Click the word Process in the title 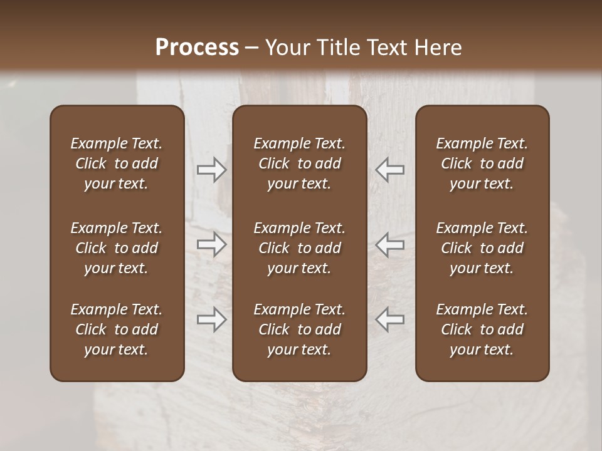197,47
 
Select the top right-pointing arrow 212,170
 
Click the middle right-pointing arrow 212,244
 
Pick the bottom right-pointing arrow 212,319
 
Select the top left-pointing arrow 389,170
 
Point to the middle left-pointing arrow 389,244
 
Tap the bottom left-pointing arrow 389,319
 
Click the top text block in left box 117,163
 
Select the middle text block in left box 117,248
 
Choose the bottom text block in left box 117,329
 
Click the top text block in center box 299,163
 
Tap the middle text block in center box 299,248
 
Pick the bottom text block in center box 299,329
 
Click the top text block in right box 482,163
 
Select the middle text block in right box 482,248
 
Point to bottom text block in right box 482,329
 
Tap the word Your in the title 286,47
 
